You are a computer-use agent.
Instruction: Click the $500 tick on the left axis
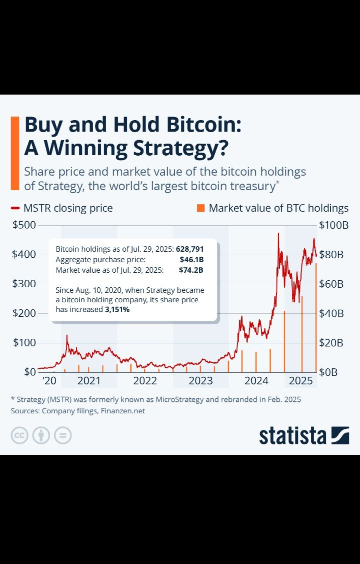24,225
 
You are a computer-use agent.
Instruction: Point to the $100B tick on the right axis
333,225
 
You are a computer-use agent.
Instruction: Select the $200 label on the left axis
24,314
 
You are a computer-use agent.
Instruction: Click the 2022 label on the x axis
145,381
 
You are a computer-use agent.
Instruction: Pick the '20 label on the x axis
49,381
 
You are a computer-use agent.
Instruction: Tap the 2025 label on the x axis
301,381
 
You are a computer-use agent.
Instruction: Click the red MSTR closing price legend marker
15,208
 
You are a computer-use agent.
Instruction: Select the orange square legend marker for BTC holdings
200,208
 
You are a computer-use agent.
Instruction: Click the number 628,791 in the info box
189,249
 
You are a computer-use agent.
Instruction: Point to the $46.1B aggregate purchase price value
191,260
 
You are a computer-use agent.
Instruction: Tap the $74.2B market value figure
191,270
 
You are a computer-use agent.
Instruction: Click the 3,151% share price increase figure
117,310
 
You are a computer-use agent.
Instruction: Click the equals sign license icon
63,435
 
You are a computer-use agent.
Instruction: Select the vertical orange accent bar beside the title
14,153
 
